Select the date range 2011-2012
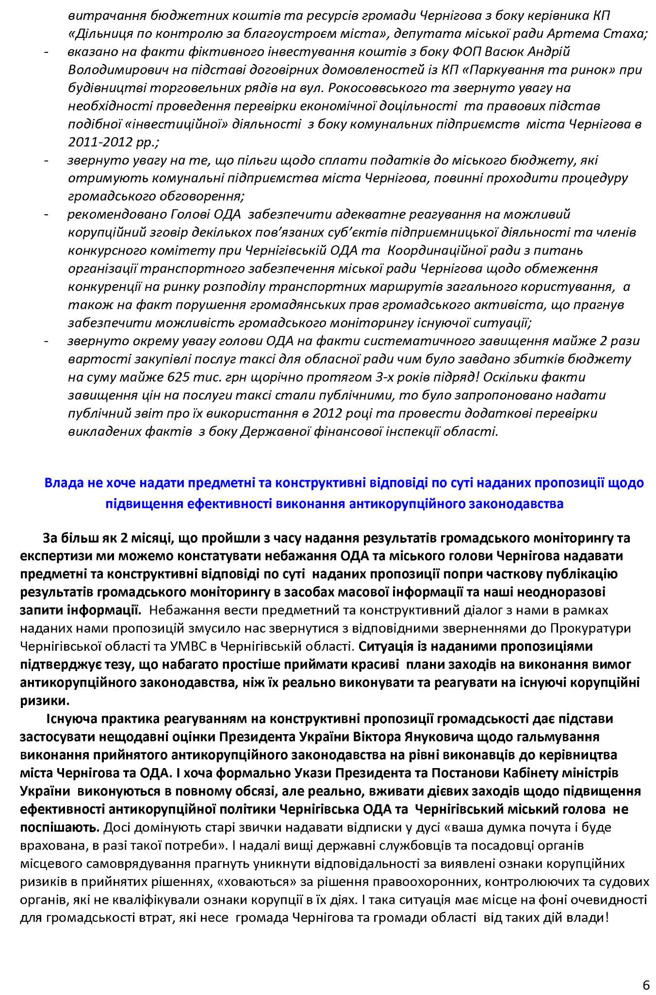point(98,142)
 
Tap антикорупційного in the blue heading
point(405,504)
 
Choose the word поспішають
point(60,827)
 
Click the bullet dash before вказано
point(46,52)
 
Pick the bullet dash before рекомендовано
point(46,214)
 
